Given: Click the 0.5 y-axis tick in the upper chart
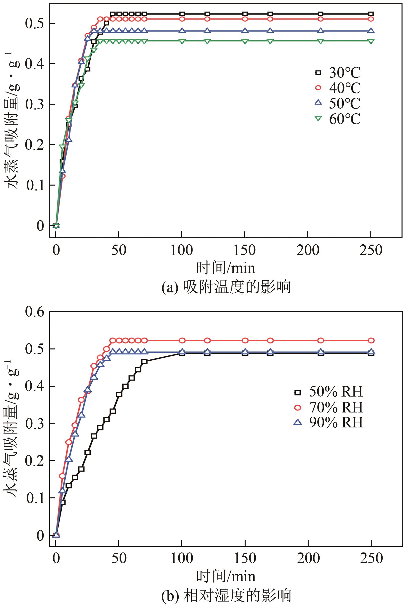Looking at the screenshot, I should pyautogui.click(x=35, y=23).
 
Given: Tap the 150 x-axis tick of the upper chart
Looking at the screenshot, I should pyautogui.click(x=245, y=250).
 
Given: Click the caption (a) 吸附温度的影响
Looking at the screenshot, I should pyautogui.click(x=226, y=287).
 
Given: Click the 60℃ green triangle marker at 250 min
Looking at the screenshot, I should pyautogui.click(x=371, y=41).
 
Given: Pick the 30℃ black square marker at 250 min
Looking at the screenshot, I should pyautogui.click(x=371, y=14).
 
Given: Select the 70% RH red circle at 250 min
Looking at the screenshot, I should pyautogui.click(x=371, y=340).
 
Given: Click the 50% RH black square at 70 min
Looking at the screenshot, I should pyautogui.click(x=144, y=361).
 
